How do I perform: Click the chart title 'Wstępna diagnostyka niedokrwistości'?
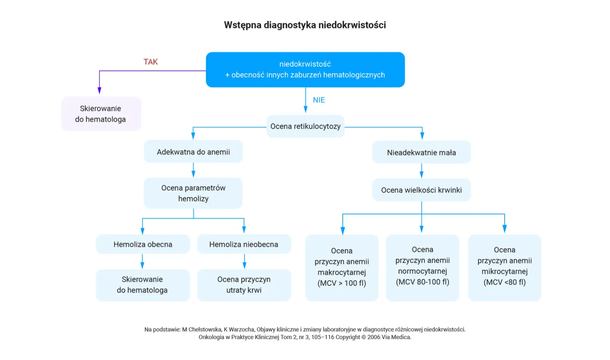click(x=305, y=25)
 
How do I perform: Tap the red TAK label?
click(x=151, y=62)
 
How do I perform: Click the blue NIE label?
click(x=319, y=100)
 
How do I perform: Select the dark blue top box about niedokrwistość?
click(x=305, y=70)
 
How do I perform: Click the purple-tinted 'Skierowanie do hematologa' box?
click(x=101, y=113)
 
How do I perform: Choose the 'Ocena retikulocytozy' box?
click(x=305, y=126)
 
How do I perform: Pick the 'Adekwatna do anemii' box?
click(x=193, y=152)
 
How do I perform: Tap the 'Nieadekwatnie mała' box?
click(x=421, y=153)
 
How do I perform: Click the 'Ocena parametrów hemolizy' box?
click(x=193, y=193)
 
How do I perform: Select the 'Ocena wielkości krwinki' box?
click(x=421, y=190)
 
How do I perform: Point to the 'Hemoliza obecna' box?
click(x=142, y=244)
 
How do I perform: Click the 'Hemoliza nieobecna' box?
click(x=244, y=244)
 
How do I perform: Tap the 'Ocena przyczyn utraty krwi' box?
click(x=244, y=285)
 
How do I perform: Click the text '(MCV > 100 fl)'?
click(x=341, y=283)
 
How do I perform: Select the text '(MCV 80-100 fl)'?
click(x=422, y=282)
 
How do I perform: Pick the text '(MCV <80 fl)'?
click(x=504, y=282)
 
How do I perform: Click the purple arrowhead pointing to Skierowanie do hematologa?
click(x=99, y=90)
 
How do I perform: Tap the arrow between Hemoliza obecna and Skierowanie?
click(x=142, y=261)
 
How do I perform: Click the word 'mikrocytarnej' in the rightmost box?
click(x=504, y=272)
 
